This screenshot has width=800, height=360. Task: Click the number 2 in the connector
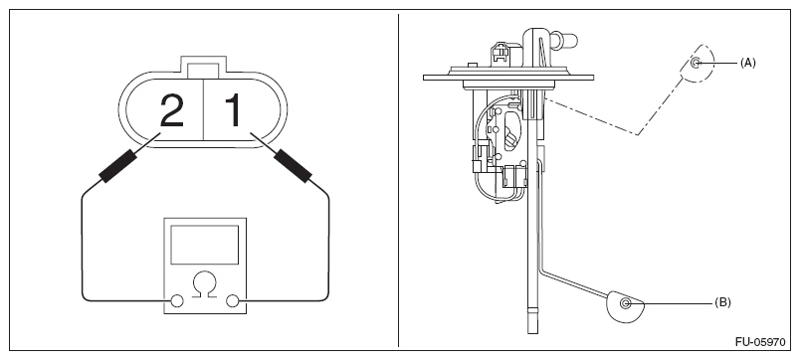click(x=171, y=110)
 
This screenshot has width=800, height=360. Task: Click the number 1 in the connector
click(x=233, y=110)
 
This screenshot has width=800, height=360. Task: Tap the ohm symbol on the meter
click(x=205, y=284)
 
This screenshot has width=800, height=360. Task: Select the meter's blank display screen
click(x=205, y=245)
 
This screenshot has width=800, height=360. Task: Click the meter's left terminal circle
click(x=176, y=301)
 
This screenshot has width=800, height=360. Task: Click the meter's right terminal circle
click(x=233, y=301)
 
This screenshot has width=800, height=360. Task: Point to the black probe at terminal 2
click(x=117, y=166)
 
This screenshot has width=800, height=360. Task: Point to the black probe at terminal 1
click(x=293, y=166)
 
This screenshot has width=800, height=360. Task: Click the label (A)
click(x=747, y=63)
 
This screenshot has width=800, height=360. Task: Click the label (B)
click(x=722, y=303)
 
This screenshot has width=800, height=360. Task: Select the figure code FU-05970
click(x=760, y=342)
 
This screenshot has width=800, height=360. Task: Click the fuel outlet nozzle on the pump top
click(x=565, y=41)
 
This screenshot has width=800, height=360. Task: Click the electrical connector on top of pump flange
click(x=501, y=55)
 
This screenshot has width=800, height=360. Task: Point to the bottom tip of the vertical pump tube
click(x=532, y=333)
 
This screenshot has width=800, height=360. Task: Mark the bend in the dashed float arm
click(x=637, y=134)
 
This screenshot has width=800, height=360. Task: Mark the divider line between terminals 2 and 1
click(x=204, y=109)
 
